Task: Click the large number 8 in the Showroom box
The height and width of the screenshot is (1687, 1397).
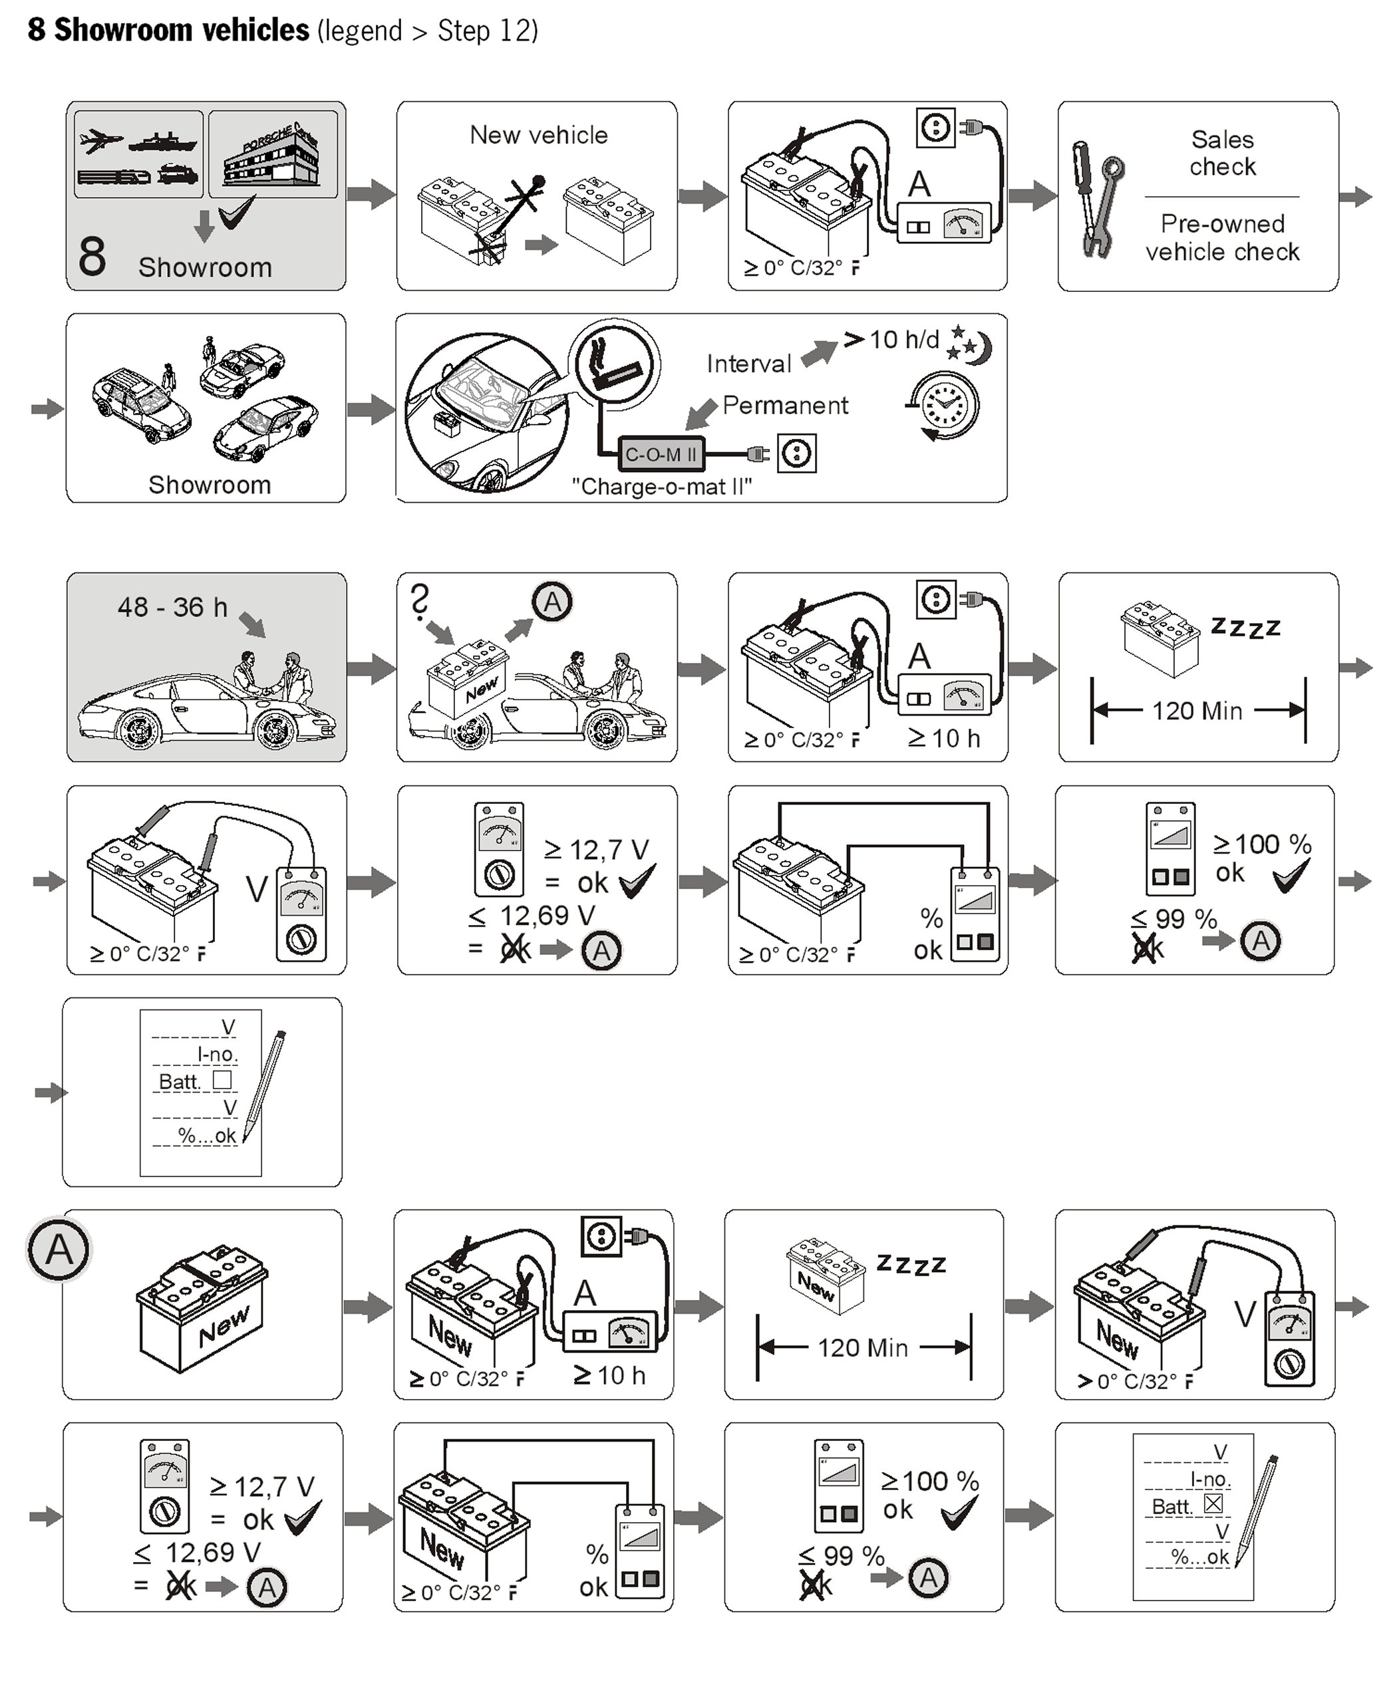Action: pyautogui.click(x=92, y=256)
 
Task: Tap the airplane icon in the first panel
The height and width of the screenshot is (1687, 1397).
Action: pyautogui.click(x=100, y=143)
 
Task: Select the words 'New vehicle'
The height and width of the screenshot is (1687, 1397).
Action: pyautogui.click(x=539, y=135)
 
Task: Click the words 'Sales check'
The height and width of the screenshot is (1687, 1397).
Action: pyautogui.click(x=1222, y=153)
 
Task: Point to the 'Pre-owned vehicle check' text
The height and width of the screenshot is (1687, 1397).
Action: pyautogui.click(x=1222, y=238)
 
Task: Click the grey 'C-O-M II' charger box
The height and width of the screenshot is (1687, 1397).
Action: pyautogui.click(x=661, y=455)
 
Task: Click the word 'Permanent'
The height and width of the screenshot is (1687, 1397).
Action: pyautogui.click(x=784, y=406)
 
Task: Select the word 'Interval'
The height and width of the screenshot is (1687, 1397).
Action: pyautogui.click(x=748, y=364)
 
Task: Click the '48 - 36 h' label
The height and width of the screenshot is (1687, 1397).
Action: pyautogui.click(x=172, y=607)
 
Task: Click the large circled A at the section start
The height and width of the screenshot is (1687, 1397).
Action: pyautogui.click(x=59, y=1250)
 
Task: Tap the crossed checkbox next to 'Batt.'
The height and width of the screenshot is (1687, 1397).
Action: pyautogui.click(x=1213, y=1503)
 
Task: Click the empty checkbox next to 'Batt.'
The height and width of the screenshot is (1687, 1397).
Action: pyautogui.click(x=222, y=1080)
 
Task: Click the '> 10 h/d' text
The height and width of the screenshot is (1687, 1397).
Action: pyautogui.click(x=892, y=340)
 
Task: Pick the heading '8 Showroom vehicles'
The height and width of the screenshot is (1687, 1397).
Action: pyautogui.click(x=168, y=31)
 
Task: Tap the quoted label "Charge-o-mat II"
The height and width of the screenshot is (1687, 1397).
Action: pyautogui.click(x=661, y=487)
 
